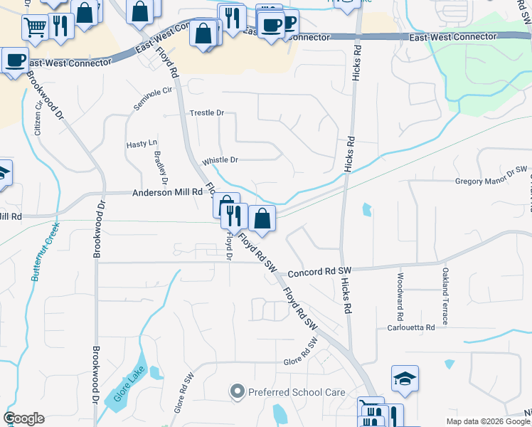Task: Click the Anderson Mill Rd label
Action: [167, 192]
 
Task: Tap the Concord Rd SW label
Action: [319, 272]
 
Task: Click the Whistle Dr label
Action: [220, 160]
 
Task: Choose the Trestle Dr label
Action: [207, 113]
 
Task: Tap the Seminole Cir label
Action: [153, 100]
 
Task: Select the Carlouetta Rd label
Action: [406, 327]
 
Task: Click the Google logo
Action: [24, 418]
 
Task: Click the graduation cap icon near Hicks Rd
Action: [405, 379]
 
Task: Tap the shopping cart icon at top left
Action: [35, 28]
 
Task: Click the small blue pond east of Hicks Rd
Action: [366, 209]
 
